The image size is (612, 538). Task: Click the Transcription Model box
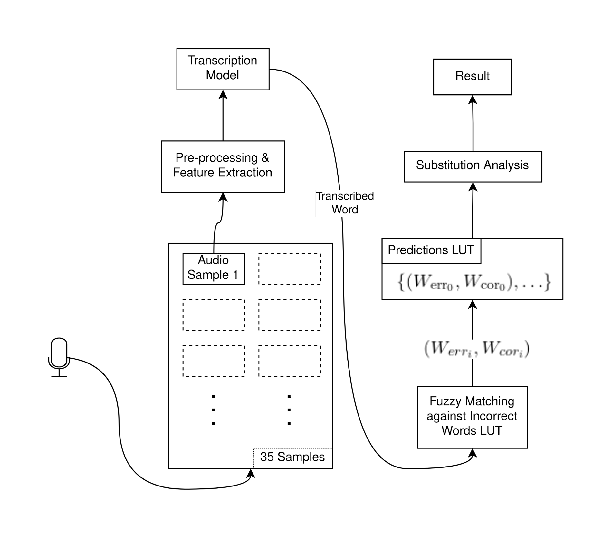point(223,69)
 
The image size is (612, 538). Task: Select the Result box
point(472,77)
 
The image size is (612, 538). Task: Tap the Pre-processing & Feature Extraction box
point(223,166)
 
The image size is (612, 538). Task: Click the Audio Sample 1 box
point(214,269)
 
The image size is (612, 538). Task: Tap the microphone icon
point(59,356)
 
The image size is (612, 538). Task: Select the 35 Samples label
point(292,457)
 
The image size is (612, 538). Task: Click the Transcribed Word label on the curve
point(345,203)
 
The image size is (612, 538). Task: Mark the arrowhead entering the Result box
point(473,100)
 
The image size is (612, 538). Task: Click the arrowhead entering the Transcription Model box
point(223,95)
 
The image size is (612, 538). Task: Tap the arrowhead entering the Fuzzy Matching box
point(473,454)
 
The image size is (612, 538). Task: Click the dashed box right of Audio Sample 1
point(289,269)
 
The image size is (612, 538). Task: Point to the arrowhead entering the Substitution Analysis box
point(473,187)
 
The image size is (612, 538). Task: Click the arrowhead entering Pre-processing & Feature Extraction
point(223,197)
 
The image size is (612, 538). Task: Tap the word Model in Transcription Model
point(222,75)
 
